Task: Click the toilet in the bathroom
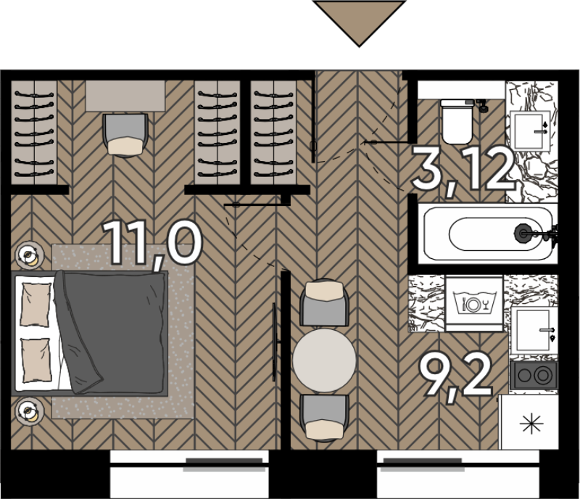(457, 121)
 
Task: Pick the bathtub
(488, 234)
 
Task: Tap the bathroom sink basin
(530, 131)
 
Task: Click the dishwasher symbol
(474, 302)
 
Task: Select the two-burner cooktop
(534, 376)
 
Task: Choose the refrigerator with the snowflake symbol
(529, 422)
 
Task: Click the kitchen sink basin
(534, 330)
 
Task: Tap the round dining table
(324, 360)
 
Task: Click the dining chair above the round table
(324, 302)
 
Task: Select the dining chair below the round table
(324, 418)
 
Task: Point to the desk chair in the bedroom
(125, 135)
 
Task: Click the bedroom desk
(125, 96)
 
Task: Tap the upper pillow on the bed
(36, 305)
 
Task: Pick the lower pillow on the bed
(36, 360)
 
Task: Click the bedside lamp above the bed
(30, 255)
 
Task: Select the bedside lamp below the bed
(30, 411)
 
